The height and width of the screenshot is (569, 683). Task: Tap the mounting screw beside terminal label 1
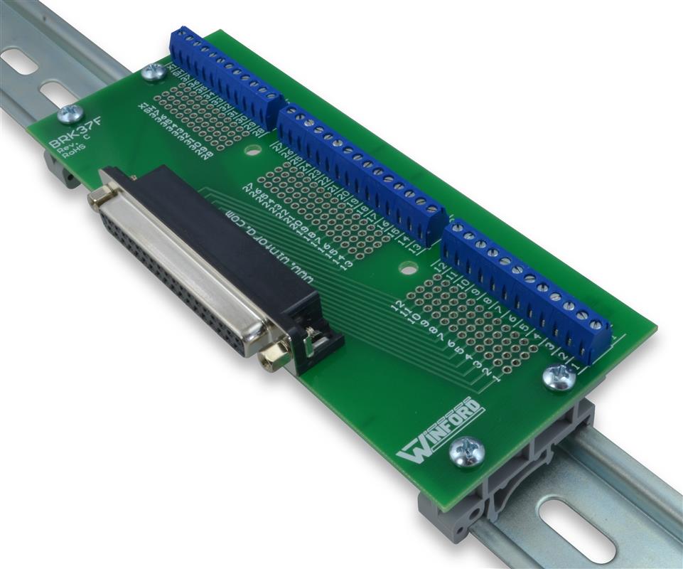(x=559, y=377)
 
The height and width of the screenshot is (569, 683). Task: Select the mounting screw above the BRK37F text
(x=69, y=112)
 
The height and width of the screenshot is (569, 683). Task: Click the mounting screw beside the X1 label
(x=153, y=72)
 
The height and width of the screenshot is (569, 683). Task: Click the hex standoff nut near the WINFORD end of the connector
(x=274, y=354)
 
